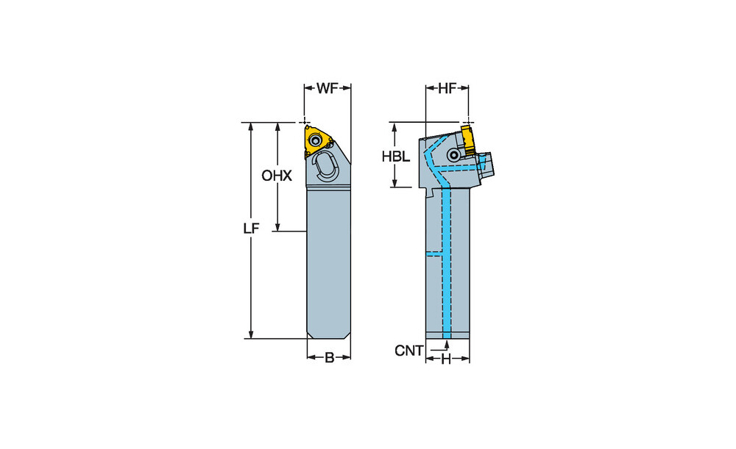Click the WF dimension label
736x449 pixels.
(328, 88)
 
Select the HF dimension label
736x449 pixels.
(447, 88)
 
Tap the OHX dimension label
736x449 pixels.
(277, 176)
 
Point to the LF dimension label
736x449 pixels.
(251, 229)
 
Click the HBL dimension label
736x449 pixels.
(395, 157)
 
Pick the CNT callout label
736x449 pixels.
(408, 350)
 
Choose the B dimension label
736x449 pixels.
(329, 358)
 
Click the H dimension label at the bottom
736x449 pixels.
(445, 359)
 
